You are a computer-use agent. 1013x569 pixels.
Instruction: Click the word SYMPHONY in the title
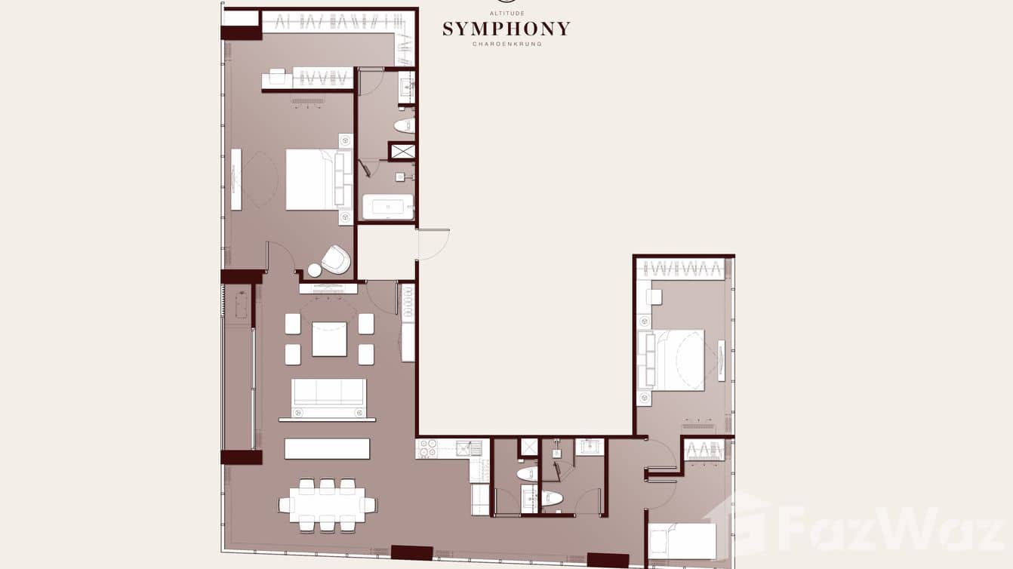point(506,29)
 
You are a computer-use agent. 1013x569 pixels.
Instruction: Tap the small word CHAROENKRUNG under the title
point(506,44)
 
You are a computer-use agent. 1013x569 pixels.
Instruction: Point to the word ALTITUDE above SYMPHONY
point(506,14)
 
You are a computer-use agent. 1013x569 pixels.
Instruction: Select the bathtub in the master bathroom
point(388,207)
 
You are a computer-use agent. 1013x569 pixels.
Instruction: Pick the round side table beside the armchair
point(315,270)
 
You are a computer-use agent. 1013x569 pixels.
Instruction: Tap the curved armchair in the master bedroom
point(336,260)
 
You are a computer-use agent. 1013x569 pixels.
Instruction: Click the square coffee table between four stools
point(329,339)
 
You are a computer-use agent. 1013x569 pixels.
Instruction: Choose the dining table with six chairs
point(327,504)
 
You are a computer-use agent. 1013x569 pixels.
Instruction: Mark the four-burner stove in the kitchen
point(426,449)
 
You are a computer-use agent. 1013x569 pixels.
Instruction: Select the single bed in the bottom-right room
point(682,541)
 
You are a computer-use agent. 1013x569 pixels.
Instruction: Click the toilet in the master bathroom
point(405,125)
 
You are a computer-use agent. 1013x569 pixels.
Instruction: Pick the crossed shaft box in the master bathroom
point(402,151)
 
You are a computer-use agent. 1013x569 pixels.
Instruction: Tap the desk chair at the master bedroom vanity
point(277,77)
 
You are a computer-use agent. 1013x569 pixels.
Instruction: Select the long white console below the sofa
point(327,449)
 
